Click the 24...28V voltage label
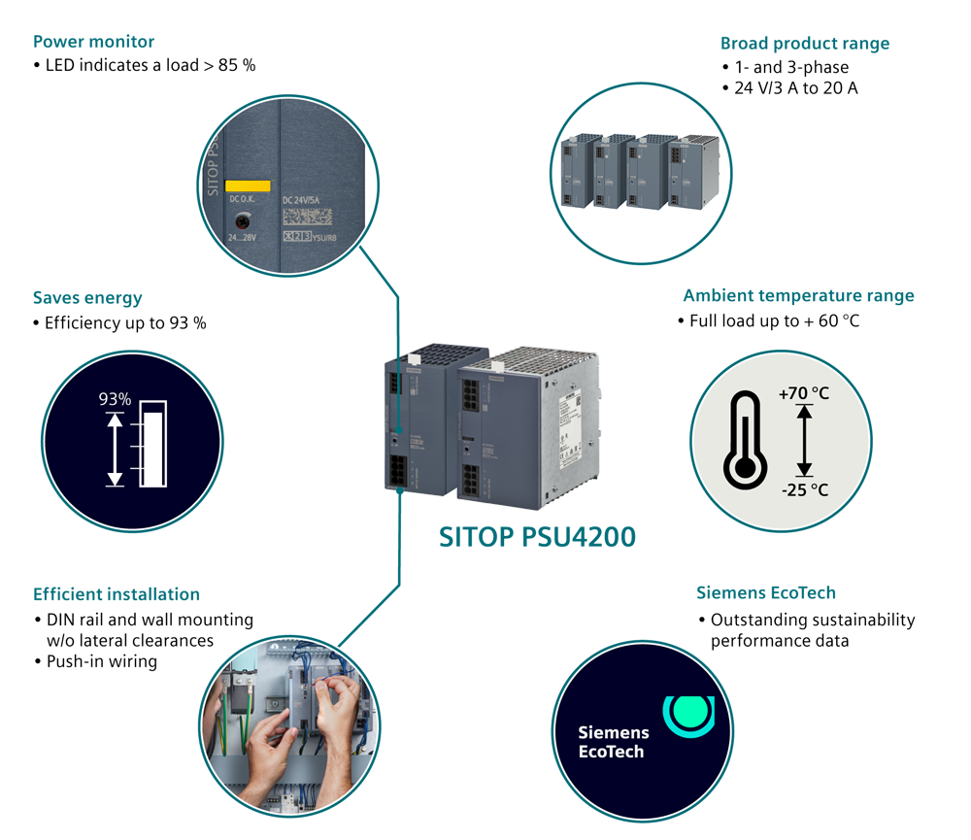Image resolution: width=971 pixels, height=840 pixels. (x=247, y=237)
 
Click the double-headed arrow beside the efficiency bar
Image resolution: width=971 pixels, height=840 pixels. (x=116, y=450)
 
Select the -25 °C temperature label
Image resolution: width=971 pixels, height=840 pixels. (x=805, y=488)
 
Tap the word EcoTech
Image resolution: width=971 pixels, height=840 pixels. (x=611, y=752)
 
